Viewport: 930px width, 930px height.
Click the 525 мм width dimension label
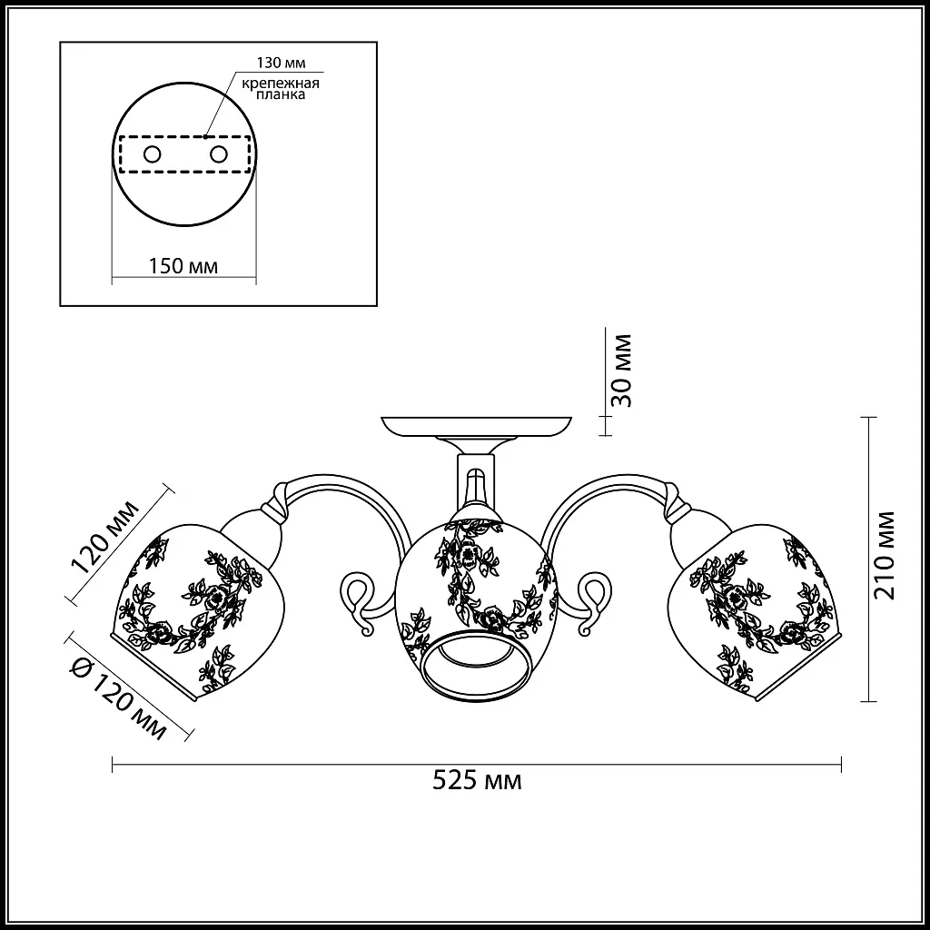(477, 780)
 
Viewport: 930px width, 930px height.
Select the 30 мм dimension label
(621, 371)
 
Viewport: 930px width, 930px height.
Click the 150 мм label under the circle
(183, 266)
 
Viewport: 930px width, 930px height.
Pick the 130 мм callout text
(282, 63)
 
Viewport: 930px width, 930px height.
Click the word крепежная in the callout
(281, 83)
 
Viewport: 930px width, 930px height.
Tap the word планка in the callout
(282, 94)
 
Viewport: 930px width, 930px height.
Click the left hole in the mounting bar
(152, 154)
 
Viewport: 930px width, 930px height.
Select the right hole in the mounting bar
(218, 154)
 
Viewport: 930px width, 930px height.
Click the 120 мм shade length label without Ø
(104, 538)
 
